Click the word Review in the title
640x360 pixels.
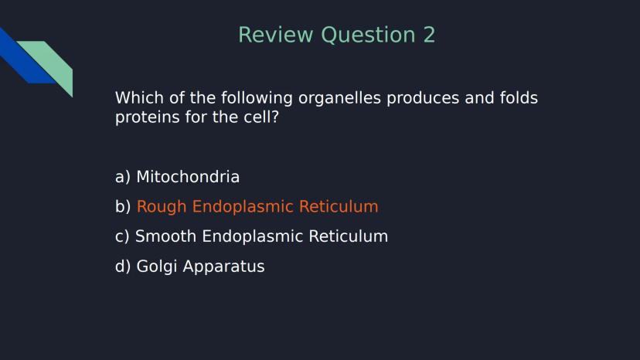[276, 35]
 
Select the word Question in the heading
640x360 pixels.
[368, 36]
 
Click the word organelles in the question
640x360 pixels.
[339, 98]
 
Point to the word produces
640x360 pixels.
[423, 99]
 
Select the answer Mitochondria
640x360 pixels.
[188, 177]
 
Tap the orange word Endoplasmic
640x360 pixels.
[243, 207]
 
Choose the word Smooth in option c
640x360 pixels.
[165, 236]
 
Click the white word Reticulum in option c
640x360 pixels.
[348, 236]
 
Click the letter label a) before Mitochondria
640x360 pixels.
[123, 178]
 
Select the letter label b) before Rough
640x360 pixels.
[123, 206]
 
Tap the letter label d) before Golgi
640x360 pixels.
[123, 266]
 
